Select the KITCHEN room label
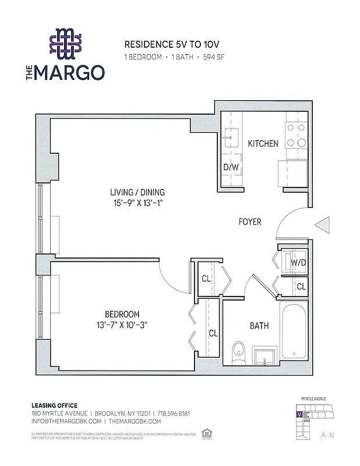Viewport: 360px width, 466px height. pyautogui.click(x=263, y=143)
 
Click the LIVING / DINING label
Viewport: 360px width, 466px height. pyautogui.click(x=137, y=192)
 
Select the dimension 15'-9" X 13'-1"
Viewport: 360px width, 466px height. pyautogui.click(x=137, y=203)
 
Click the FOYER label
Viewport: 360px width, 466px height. pyautogui.click(x=250, y=222)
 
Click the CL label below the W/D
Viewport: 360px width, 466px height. pyautogui.click(x=301, y=286)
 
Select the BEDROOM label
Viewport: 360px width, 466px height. pyautogui.click(x=123, y=314)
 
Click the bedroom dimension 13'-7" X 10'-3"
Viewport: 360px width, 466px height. pyautogui.click(x=123, y=325)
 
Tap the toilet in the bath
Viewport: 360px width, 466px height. pyautogui.click(x=238, y=352)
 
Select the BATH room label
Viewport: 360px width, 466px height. pyautogui.click(x=259, y=326)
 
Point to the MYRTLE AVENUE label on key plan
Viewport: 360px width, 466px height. pyautogui.click(x=313, y=399)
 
